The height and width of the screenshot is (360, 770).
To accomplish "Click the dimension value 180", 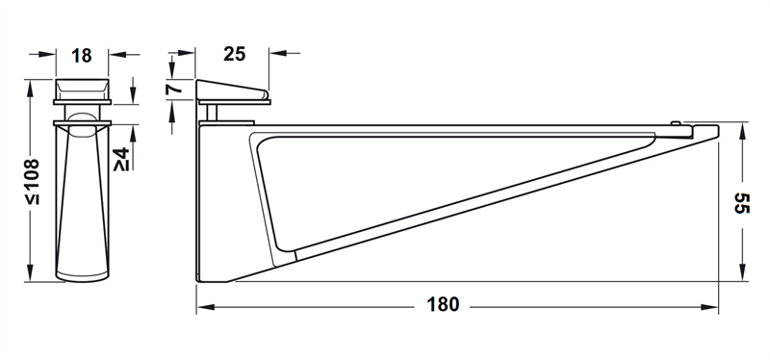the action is (x=443, y=304).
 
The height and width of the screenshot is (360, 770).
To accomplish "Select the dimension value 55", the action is (x=741, y=202).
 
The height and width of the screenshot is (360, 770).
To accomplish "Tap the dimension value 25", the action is (x=234, y=54).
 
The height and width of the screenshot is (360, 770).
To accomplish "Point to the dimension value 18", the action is (x=82, y=56).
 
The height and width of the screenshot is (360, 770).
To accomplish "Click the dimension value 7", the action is (x=174, y=89).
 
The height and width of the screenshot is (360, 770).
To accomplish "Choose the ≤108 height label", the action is (x=34, y=181).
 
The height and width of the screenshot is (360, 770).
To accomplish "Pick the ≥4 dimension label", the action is (x=121, y=159).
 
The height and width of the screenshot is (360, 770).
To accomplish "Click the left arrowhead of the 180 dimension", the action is (x=206, y=307).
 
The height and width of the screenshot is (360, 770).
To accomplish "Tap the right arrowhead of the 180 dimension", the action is (x=709, y=307).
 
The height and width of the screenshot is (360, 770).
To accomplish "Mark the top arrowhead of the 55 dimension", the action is (x=742, y=131).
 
